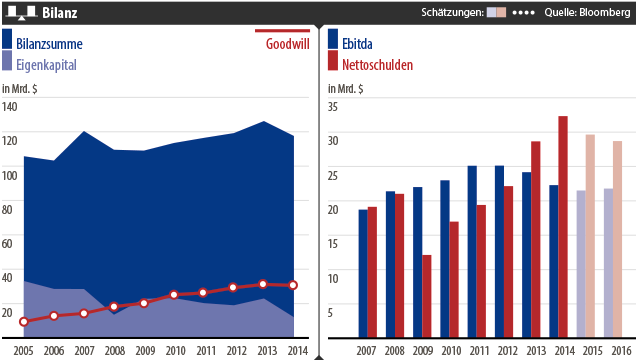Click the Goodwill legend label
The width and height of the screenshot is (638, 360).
(288, 44)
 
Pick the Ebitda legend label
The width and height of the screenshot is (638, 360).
(361, 44)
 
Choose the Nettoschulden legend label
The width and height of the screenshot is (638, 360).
(381, 64)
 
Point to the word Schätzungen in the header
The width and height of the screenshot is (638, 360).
(451, 13)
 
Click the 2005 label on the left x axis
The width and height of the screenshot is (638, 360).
(23, 351)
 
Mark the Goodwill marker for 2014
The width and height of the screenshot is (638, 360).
(293, 285)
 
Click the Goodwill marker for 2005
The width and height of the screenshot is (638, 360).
(23, 321)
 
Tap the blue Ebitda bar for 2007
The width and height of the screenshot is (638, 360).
(363, 273)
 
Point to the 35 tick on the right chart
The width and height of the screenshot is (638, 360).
(333, 140)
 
